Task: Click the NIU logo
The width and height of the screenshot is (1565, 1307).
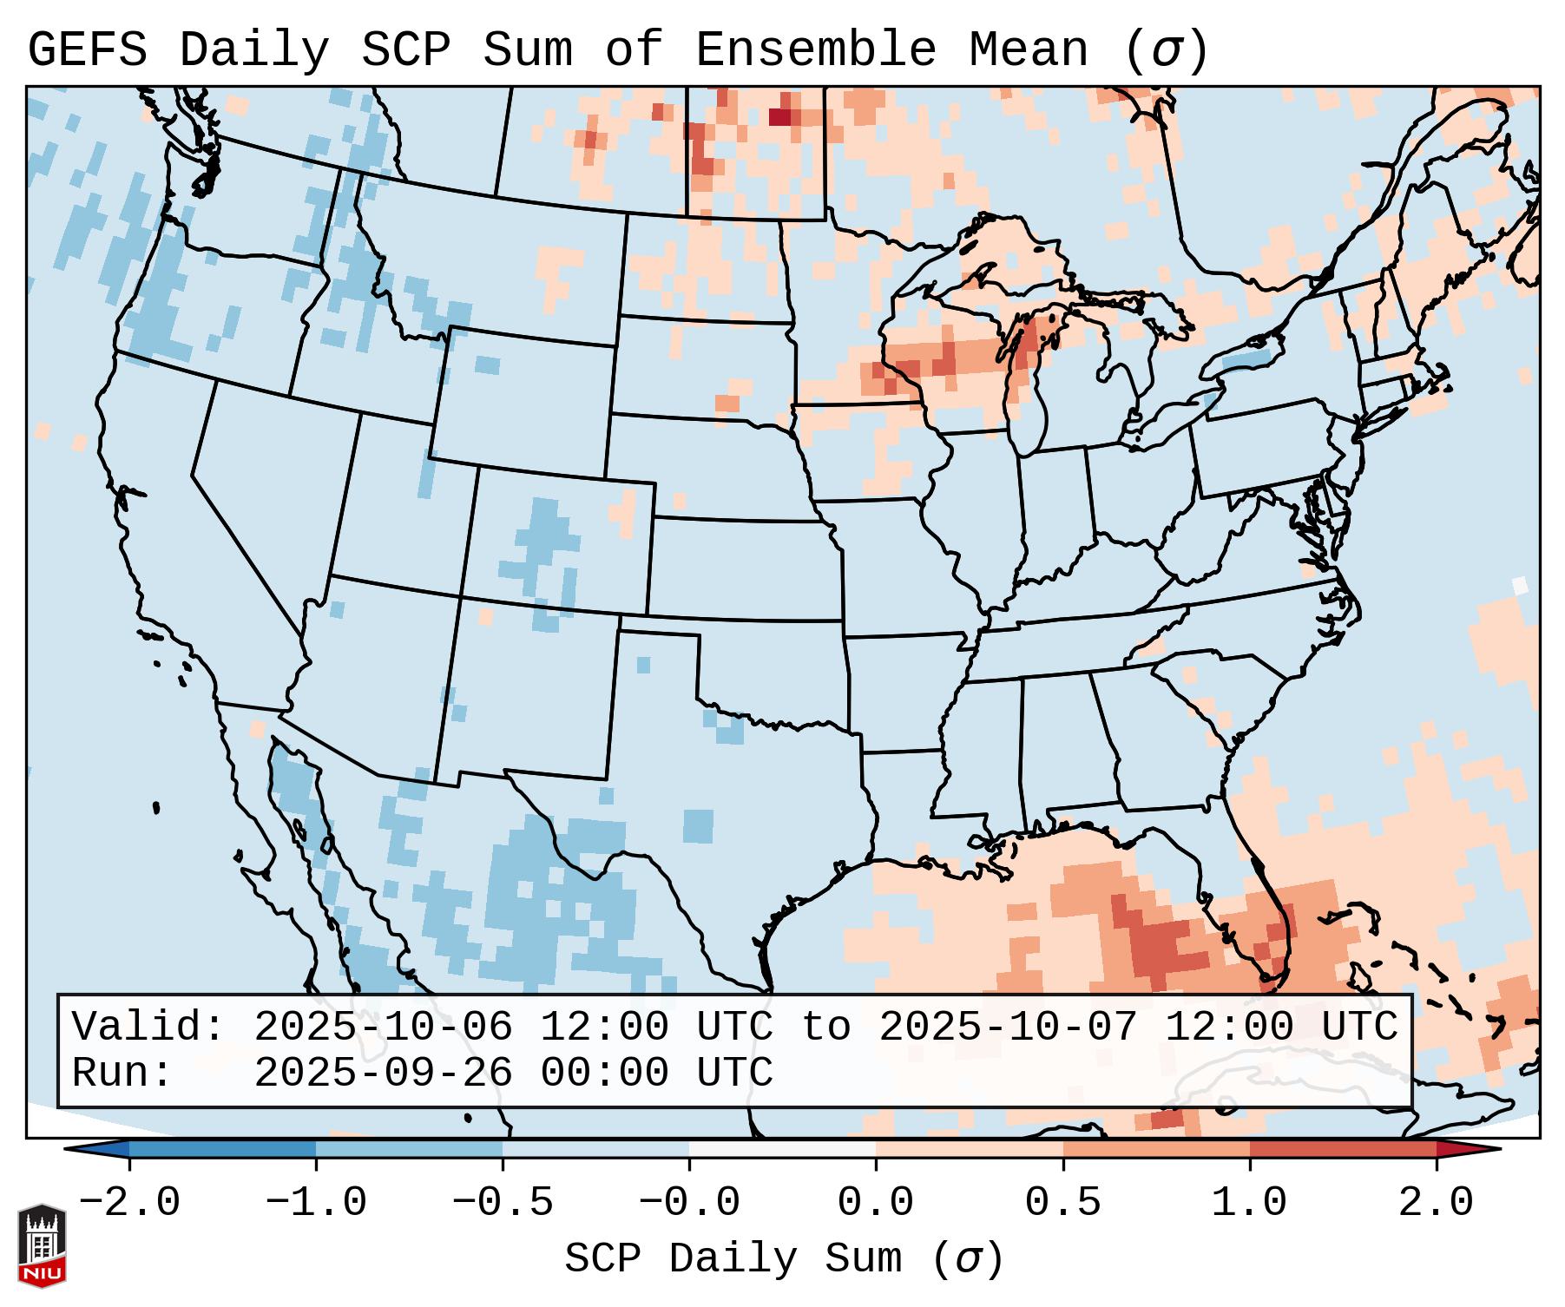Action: pos(42,1245)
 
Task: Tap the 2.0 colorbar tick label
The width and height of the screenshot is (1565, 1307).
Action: pos(1436,1203)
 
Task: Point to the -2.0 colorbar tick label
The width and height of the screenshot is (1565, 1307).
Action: pos(129,1203)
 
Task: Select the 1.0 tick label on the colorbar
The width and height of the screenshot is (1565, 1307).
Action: pos(1249,1203)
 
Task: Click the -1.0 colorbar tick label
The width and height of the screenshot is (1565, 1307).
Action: pos(316,1203)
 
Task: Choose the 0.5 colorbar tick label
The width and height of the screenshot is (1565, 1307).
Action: pos(1062,1203)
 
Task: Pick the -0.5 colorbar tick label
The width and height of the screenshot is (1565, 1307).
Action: pos(503,1203)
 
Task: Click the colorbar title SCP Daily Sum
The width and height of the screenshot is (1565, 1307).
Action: pos(783,1259)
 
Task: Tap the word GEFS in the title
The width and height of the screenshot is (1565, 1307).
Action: pos(87,49)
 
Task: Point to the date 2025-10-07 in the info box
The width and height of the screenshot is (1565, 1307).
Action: pos(1008,1027)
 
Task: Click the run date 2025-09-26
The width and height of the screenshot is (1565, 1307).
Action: pos(383,1074)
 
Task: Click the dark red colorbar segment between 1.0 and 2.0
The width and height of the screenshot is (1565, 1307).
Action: pos(1342,1149)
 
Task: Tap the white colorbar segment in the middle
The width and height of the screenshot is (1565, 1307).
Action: pos(782,1149)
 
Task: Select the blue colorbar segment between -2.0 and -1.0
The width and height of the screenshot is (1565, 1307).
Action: pos(222,1149)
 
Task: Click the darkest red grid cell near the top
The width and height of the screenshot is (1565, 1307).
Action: pos(780,116)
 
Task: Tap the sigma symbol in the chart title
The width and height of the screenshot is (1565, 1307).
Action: pos(1166,51)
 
